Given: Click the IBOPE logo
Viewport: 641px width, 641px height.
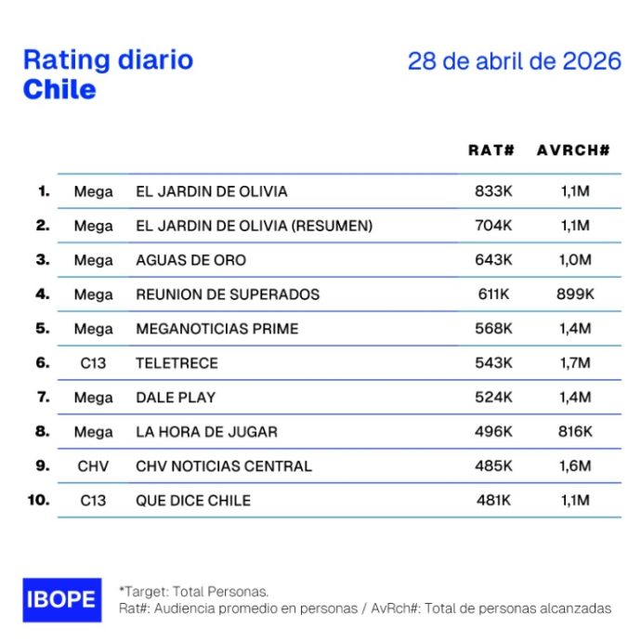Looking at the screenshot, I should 61,599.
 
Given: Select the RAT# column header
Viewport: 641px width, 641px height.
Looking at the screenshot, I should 491,150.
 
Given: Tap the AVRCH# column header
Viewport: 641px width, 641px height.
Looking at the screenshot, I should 573,150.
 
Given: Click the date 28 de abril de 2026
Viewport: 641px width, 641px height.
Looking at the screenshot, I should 514,62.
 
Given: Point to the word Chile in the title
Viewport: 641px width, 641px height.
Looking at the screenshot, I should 59,90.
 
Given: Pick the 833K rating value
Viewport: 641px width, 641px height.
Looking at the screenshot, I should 492,191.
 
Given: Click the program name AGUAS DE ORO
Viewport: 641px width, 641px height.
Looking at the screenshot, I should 191,260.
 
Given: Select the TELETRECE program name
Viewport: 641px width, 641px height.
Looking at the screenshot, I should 177,363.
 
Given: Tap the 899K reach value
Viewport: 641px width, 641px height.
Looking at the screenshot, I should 573,294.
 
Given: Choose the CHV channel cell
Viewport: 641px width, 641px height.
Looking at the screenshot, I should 93,466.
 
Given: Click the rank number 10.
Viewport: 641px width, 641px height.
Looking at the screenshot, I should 39,500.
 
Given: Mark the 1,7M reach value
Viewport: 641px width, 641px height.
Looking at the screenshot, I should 573,363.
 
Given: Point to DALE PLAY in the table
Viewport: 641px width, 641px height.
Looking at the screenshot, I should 176,398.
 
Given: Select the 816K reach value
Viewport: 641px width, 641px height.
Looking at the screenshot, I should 573,432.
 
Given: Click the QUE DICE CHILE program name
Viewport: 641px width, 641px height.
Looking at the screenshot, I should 193,501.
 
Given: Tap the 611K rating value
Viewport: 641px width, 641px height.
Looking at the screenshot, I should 492,294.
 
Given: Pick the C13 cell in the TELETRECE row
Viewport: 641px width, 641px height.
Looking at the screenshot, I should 93,363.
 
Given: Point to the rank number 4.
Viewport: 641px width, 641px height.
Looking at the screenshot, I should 42,294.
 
